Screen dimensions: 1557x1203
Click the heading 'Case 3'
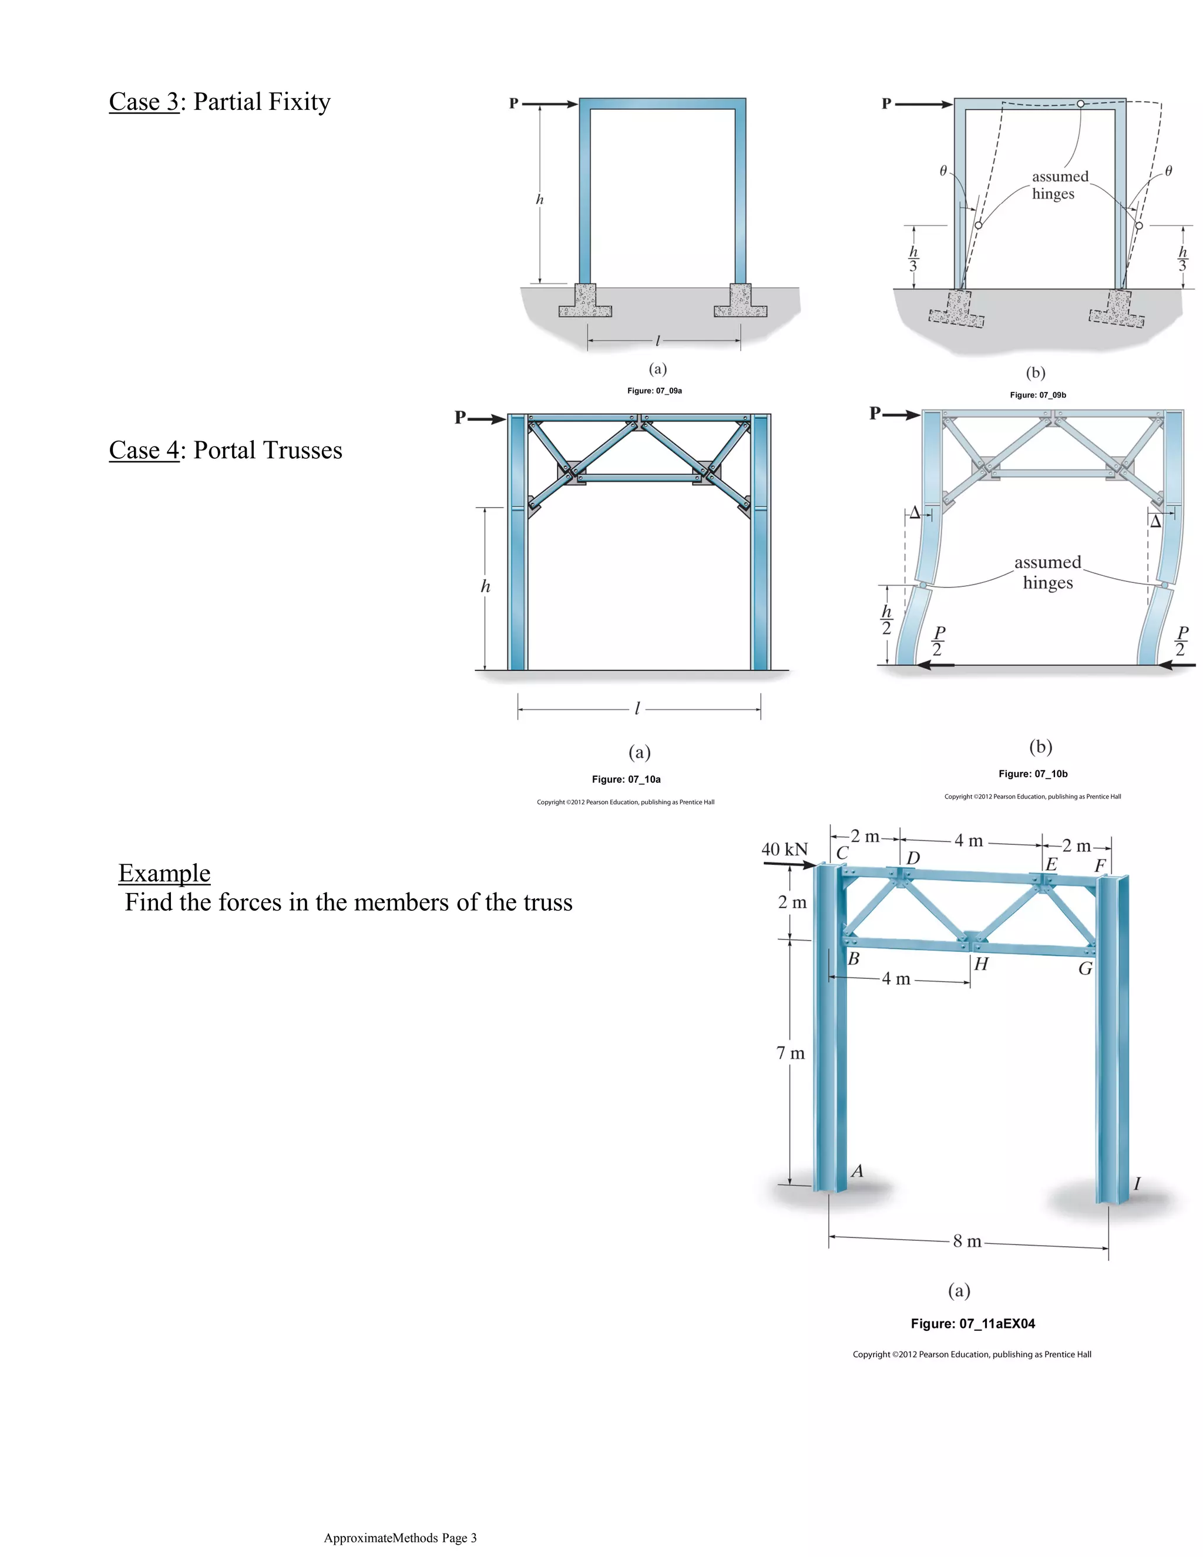[144, 102]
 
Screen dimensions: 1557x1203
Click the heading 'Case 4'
[144, 451]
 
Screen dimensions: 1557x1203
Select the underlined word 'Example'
[164, 873]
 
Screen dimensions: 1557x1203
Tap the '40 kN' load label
[784, 850]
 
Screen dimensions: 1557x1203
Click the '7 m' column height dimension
[791, 1053]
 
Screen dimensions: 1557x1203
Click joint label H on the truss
[982, 965]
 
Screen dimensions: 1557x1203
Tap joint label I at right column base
[1137, 1183]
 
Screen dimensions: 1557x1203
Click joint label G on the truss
[1086, 969]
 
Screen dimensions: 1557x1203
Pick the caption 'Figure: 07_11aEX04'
[972, 1324]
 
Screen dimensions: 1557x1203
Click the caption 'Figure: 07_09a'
[654, 391]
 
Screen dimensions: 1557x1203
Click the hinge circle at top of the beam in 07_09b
[1080, 104]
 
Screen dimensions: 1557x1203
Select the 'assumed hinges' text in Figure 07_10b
[1048, 572]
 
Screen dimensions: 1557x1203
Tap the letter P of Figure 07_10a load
[461, 417]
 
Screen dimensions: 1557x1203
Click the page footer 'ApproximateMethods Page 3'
[400, 1538]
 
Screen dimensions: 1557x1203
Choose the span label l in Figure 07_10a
[637, 709]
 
